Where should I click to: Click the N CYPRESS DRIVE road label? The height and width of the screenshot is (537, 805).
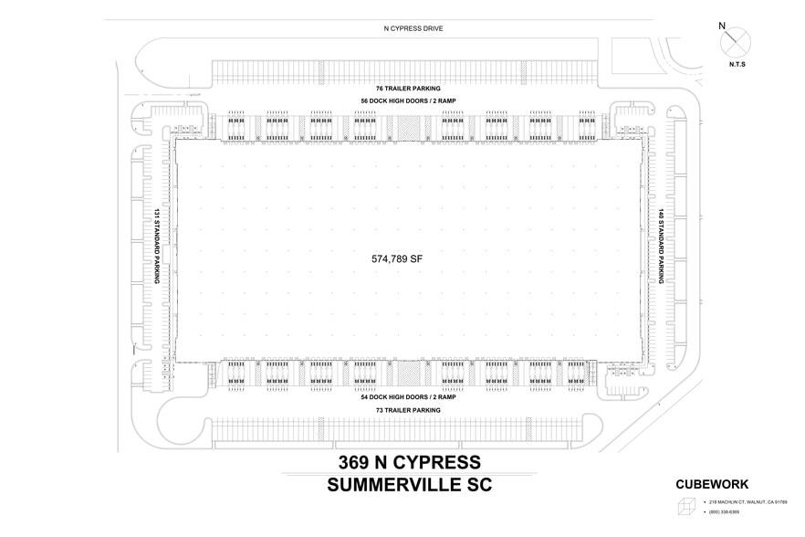click(x=407, y=29)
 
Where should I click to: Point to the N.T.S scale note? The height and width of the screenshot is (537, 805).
click(x=737, y=66)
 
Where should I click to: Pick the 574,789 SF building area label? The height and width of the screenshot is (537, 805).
click(x=397, y=258)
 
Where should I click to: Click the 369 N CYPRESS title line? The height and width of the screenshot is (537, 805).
click(x=409, y=462)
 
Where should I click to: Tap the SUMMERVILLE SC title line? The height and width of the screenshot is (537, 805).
click(x=409, y=485)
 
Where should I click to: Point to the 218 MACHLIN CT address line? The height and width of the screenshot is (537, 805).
click(x=748, y=502)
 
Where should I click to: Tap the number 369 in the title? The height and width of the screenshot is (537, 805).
click(x=356, y=462)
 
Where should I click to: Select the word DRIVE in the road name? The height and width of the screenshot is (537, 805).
click(x=428, y=29)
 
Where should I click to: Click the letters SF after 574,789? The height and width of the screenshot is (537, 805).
click(x=416, y=258)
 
